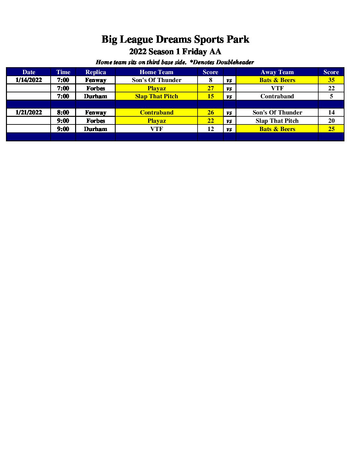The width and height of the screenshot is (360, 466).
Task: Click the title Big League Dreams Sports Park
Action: [175, 39]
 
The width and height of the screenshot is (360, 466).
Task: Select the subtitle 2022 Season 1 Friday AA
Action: [175, 52]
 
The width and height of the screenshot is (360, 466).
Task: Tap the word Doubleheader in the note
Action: [235, 62]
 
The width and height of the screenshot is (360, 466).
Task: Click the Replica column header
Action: [95, 72]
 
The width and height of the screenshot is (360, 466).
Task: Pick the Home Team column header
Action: [156, 72]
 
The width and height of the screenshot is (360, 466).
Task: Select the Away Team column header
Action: [277, 72]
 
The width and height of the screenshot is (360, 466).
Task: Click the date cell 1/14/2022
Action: [29, 80]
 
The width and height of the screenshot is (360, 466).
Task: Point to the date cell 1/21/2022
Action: [29, 113]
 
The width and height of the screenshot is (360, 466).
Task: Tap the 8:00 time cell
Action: [63, 113]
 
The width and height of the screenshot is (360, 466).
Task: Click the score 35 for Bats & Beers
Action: [331, 80]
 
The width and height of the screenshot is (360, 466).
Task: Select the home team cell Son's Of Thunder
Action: [157, 80]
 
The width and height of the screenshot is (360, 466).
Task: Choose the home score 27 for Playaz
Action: [210, 88]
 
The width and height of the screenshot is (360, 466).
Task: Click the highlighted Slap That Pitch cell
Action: [157, 96]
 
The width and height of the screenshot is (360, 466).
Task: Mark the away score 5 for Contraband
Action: [331, 96]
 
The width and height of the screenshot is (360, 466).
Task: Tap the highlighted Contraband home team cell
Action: [157, 113]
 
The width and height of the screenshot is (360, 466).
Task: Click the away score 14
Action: [331, 113]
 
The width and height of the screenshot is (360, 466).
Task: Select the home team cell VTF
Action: [157, 129]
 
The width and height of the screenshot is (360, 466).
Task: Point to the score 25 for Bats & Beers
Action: [331, 129]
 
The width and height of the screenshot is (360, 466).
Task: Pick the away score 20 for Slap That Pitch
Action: [331, 121]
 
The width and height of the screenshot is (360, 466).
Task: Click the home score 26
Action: [210, 113]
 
